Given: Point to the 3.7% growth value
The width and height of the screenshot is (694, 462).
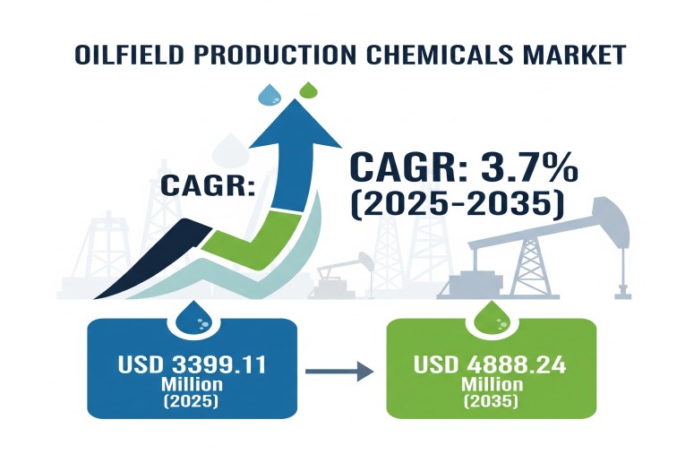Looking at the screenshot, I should pyautogui.click(x=530, y=167).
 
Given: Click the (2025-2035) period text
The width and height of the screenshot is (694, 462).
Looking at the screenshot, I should pyautogui.click(x=457, y=205).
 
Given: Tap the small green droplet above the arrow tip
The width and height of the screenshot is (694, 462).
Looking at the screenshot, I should pyautogui.click(x=307, y=90).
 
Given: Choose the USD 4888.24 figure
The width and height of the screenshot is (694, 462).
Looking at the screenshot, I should pyautogui.click(x=490, y=365).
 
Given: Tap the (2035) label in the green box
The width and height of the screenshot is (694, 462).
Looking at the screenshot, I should pyautogui.click(x=490, y=401).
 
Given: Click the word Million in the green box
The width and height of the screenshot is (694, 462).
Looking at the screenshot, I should pyautogui.click(x=490, y=383).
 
